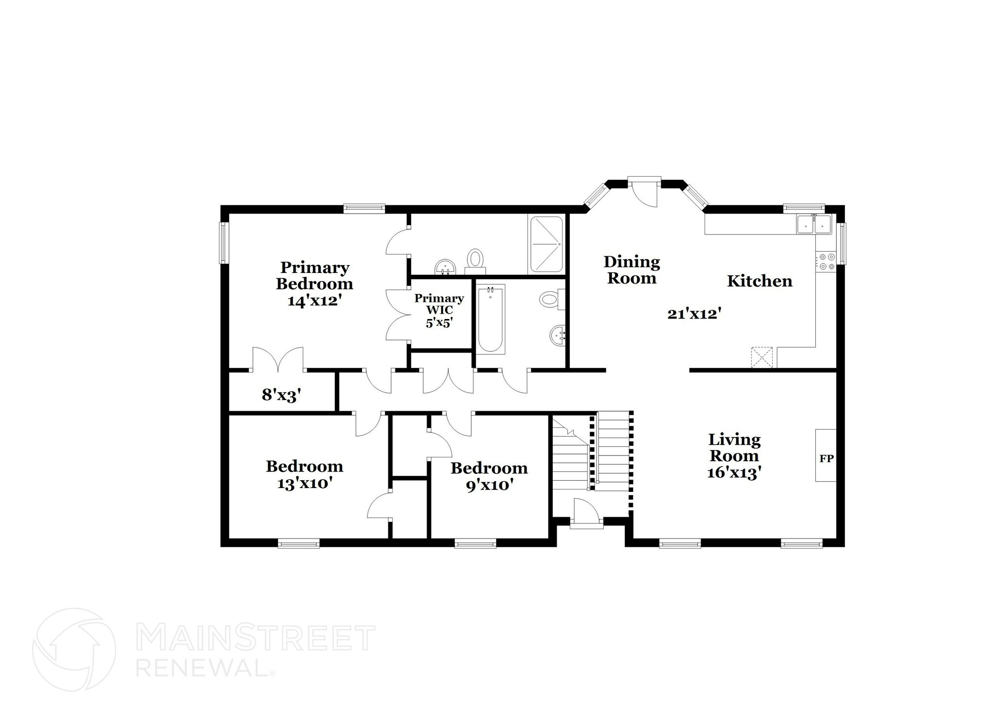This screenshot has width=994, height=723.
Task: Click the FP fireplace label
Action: click(x=827, y=458)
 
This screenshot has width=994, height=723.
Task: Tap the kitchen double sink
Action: click(x=814, y=224)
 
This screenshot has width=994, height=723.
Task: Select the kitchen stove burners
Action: click(x=826, y=261)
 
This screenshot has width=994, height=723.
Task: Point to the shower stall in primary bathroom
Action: click(x=547, y=244)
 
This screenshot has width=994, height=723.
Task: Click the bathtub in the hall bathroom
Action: click(x=491, y=318)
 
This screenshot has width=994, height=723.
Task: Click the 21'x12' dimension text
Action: click(x=693, y=314)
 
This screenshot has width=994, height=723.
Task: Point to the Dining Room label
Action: click(x=631, y=270)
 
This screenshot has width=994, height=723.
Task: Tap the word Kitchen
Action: click(x=760, y=281)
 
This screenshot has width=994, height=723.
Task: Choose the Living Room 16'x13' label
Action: click(x=734, y=455)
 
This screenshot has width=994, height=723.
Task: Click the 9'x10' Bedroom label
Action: click(x=489, y=477)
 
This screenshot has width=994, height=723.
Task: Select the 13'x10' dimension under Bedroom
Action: click(x=304, y=484)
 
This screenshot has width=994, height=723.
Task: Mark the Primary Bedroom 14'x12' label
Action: click(x=315, y=284)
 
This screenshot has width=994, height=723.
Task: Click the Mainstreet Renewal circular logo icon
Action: click(x=74, y=649)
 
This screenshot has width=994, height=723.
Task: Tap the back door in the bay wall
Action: click(x=644, y=192)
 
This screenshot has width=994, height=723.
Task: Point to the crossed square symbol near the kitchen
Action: click(x=762, y=357)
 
